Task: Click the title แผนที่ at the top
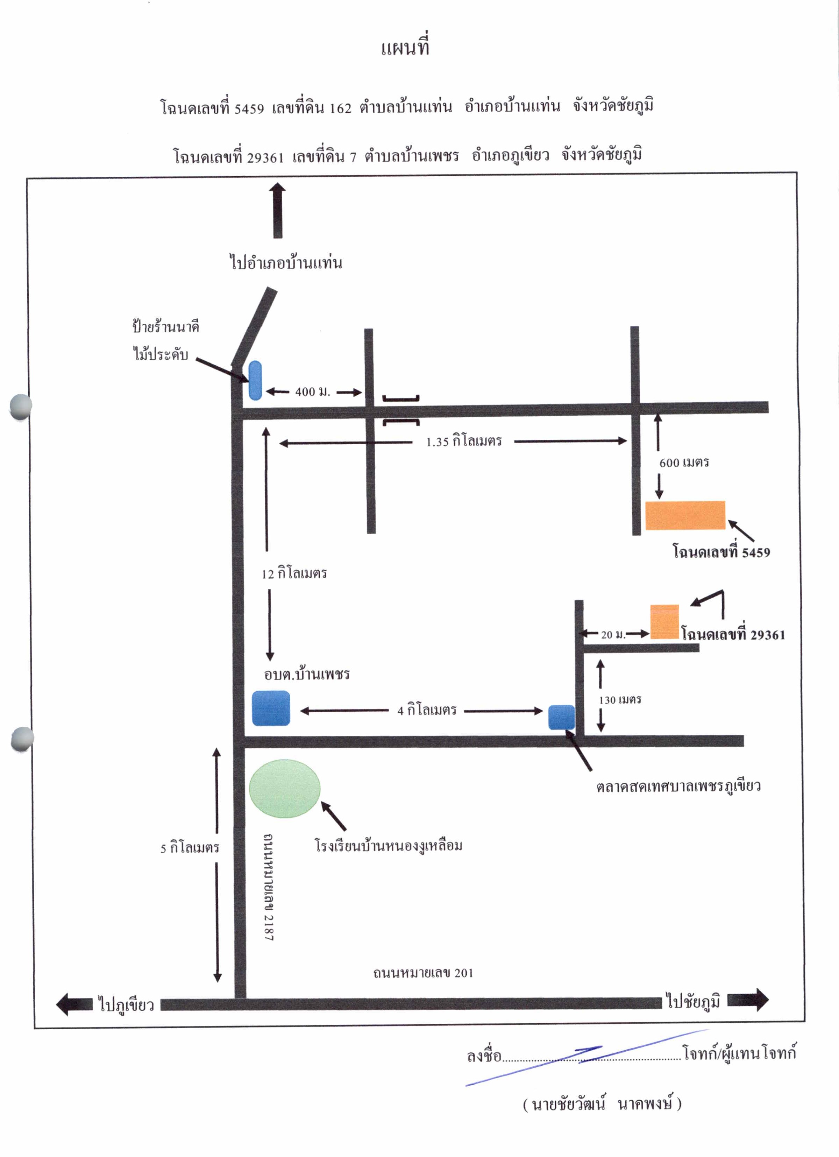405,47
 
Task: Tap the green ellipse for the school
285,788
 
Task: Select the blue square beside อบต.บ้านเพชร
271,708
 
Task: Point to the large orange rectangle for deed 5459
685,515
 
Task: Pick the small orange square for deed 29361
664,621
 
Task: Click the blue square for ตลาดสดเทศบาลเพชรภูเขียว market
562,717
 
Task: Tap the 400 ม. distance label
313,392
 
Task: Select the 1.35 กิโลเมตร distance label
464,441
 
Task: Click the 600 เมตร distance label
684,463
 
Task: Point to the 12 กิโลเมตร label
294,573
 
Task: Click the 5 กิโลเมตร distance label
190,848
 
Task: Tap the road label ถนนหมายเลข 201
423,973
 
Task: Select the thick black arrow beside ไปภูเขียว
74,1004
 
